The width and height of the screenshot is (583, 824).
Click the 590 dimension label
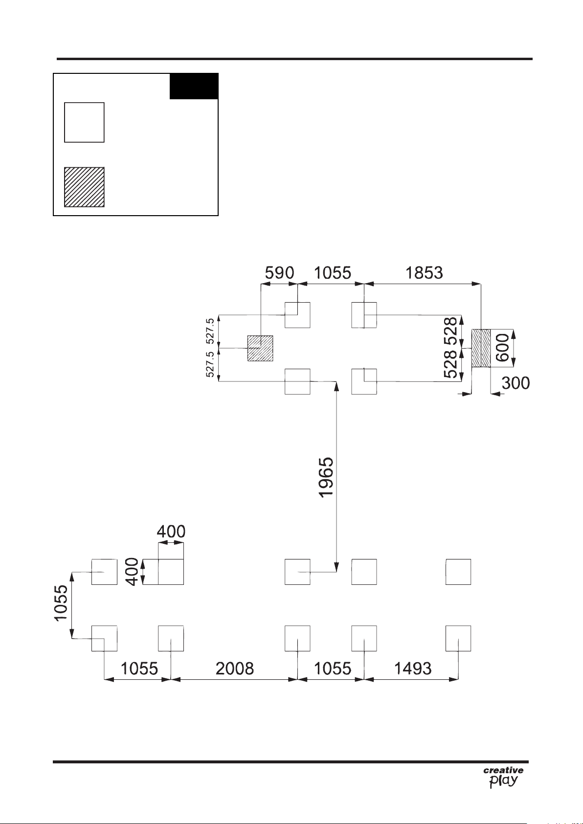click(x=280, y=273)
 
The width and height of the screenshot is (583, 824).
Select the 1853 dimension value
click(x=424, y=273)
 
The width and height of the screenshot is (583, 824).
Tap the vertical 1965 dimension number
click(x=326, y=478)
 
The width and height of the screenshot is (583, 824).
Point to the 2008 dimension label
click(x=235, y=668)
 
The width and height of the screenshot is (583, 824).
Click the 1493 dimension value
click(x=413, y=668)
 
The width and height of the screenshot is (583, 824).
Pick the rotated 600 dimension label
click(x=503, y=348)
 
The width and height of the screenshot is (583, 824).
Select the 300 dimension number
click(x=516, y=383)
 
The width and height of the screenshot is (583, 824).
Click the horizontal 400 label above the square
click(x=171, y=532)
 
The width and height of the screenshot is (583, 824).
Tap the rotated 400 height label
click(x=132, y=572)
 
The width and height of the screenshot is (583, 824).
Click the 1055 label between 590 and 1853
click(x=333, y=273)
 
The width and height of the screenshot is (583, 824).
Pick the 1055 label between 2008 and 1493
click(x=333, y=668)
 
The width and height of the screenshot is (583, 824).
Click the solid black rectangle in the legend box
click(x=194, y=86)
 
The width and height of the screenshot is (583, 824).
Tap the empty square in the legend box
click(x=84, y=122)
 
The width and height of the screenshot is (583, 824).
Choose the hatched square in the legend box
click(x=84, y=187)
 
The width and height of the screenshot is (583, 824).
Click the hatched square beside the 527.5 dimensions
click(x=260, y=348)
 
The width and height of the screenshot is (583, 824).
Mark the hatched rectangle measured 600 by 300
click(x=481, y=348)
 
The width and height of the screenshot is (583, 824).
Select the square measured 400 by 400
click(x=171, y=572)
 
